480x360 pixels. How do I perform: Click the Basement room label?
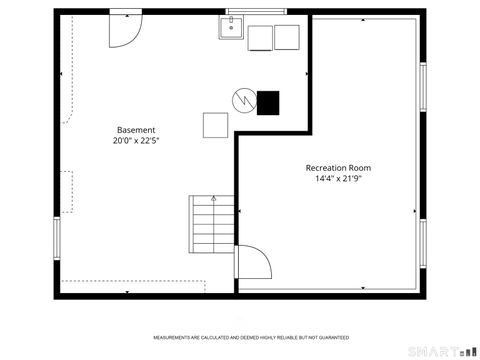pyautogui.click(x=136, y=130)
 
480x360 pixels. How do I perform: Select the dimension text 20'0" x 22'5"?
pyautogui.click(x=136, y=142)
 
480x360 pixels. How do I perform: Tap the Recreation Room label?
pyautogui.click(x=338, y=167)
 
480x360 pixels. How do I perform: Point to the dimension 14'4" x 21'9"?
pyautogui.click(x=338, y=179)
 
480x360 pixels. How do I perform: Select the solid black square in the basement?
pyautogui.click(x=267, y=101)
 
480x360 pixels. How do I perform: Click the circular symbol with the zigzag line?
pyautogui.click(x=242, y=101)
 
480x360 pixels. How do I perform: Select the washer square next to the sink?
pyautogui.click(x=260, y=37)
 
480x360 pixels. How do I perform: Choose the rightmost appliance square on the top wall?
pyautogui.click(x=287, y=37)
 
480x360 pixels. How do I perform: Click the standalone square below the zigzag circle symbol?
pyautogui.click(x=216, y=125)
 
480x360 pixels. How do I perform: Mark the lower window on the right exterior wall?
pyautogui.click(x=424, y=245)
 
